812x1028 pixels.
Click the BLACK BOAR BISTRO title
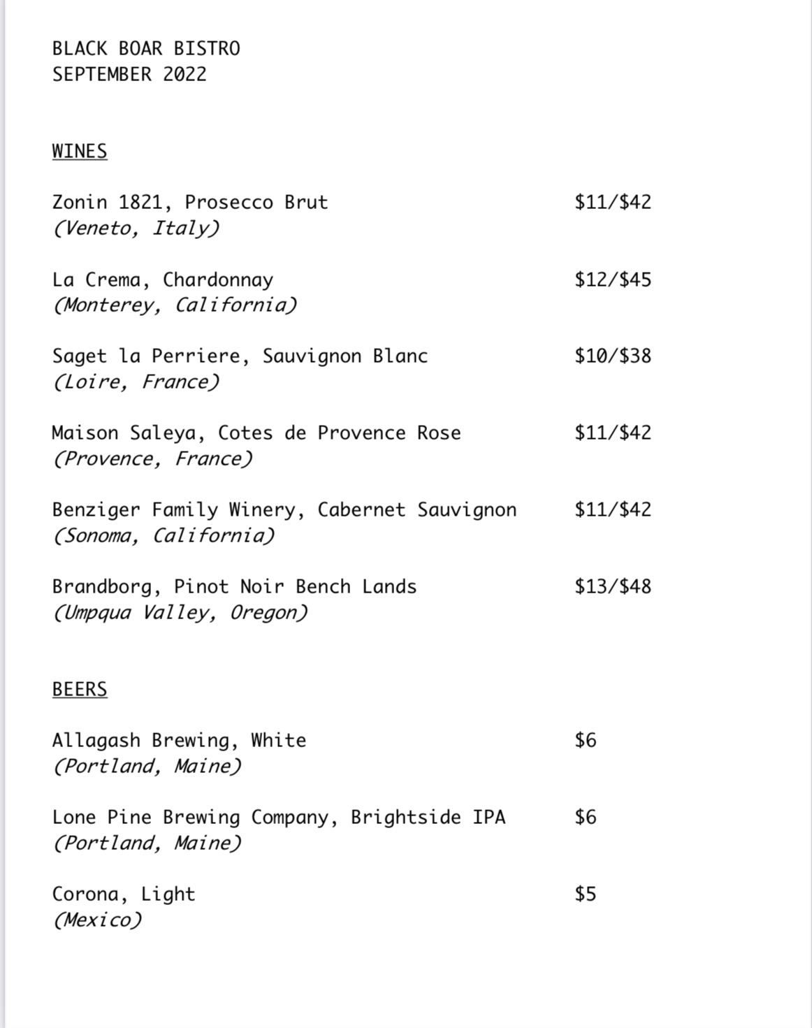[146, 49]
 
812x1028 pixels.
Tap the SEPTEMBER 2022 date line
[129, 75]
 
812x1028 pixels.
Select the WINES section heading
[80, 152]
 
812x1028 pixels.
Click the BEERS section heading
[80, 690]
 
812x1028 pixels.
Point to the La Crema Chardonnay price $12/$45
[613, 280]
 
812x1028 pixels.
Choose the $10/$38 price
[613, 356]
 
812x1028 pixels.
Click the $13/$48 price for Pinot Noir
[613, 586]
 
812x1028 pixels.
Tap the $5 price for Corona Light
[586, 894]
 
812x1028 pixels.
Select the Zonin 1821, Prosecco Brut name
[190, 203]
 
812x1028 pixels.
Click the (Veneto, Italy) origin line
[136, 229]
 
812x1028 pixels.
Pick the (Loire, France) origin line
[136, 382]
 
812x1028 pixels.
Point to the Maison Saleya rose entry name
[256, 433]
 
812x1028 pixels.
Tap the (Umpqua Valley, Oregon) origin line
[180, 613]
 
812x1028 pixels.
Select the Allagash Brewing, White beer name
[179, 741]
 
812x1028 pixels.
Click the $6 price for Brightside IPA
[586, 817]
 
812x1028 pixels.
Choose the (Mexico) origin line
[97, 920]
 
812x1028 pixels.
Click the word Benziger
[96, 510]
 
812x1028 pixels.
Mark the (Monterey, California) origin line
[175, 305]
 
